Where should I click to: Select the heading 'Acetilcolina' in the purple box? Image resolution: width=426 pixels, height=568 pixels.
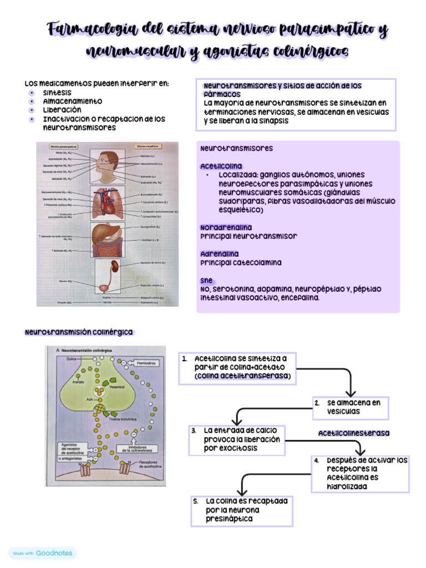pyautogui.click(x=221, y=166)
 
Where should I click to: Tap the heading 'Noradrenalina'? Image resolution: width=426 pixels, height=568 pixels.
pyautogui.click(x=226, y=227)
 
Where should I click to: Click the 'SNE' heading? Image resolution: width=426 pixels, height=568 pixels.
pyautogui.click(x=207, y=280)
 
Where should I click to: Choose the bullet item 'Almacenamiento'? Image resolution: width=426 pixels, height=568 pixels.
pyautogui.click(x=73, y=102)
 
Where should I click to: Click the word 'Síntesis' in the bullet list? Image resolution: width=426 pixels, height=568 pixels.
pyautogui.click(x=57, y=93)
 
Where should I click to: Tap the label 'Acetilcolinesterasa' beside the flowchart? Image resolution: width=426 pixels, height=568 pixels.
pyautogui.click(x=354, y=433)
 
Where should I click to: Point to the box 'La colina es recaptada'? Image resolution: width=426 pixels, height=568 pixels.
pyautogui.click(x=241, y=510)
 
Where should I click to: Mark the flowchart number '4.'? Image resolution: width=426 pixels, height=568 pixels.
pyautogui.click(x=316, y=460)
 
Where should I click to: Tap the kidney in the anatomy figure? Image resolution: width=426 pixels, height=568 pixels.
pyautogui.click(x=114, y=266)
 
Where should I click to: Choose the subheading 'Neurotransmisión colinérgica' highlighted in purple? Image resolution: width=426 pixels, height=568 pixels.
pyautogui.click(x=79, y=332)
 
